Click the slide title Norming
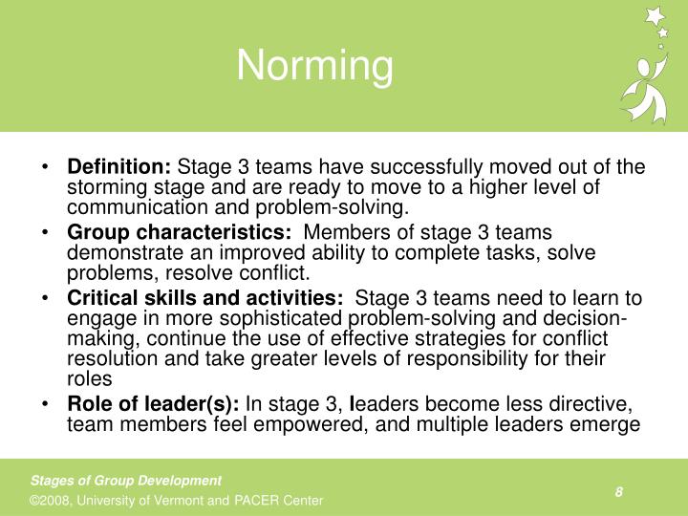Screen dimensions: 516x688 (314, 66)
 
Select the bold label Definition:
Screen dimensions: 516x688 (118, 167)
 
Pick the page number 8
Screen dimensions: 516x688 (619, 491)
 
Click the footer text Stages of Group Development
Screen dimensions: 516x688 (126, 481)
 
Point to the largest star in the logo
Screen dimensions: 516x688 (655, 16)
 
